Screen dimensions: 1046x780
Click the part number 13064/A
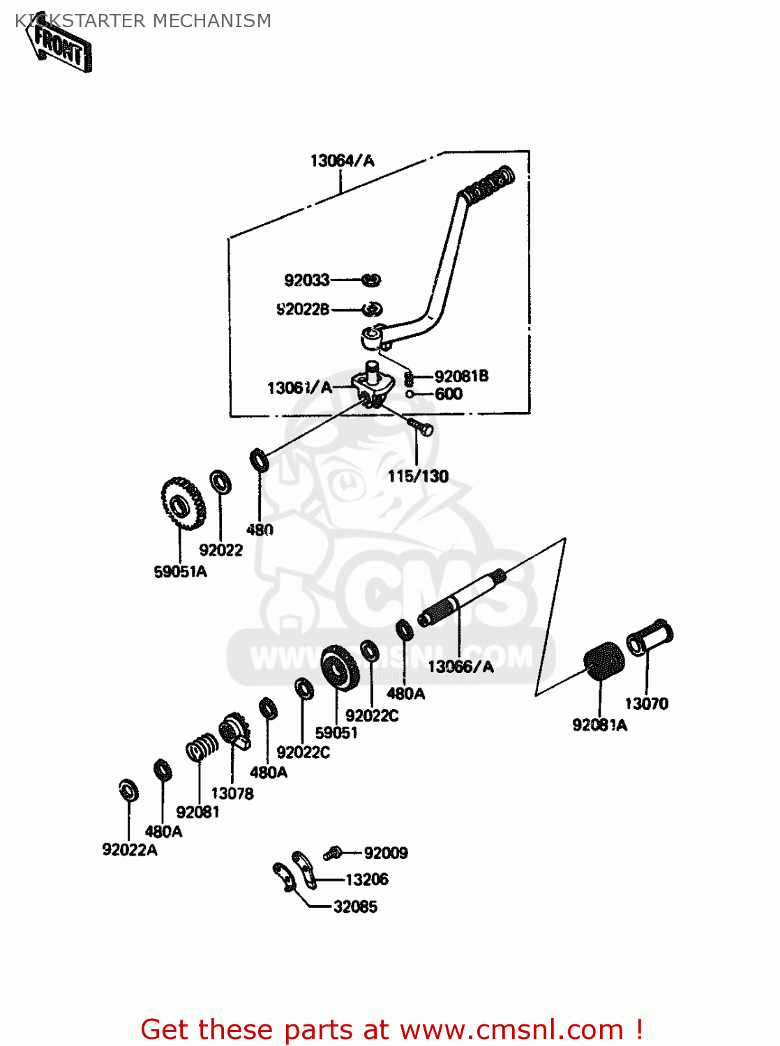[342, 161]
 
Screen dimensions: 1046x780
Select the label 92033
[306, 280]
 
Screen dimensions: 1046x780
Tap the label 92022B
[302, 310]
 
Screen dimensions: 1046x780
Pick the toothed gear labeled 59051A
[182, 503]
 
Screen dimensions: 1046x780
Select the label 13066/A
[460, 667]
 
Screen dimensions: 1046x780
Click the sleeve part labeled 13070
[650, 637]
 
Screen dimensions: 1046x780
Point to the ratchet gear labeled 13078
[234, 732]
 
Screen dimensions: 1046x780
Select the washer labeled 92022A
[128, 790]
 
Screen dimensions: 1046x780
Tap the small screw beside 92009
[333, 852]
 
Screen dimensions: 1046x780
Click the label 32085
[355, 907]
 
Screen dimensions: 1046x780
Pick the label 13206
[366, 880]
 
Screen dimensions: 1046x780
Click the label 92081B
[461, 377]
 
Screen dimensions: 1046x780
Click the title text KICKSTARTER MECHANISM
[143, 21]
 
